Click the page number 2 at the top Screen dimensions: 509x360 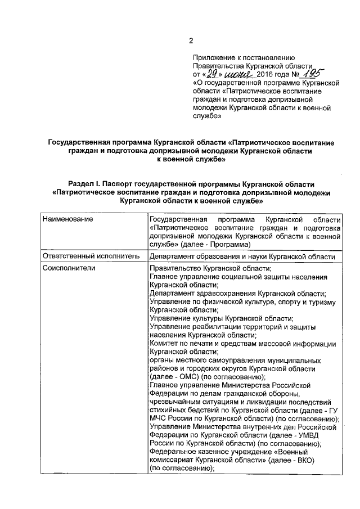(190, 40)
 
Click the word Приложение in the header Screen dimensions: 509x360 (214, 57)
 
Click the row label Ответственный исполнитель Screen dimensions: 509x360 (90, 256)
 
